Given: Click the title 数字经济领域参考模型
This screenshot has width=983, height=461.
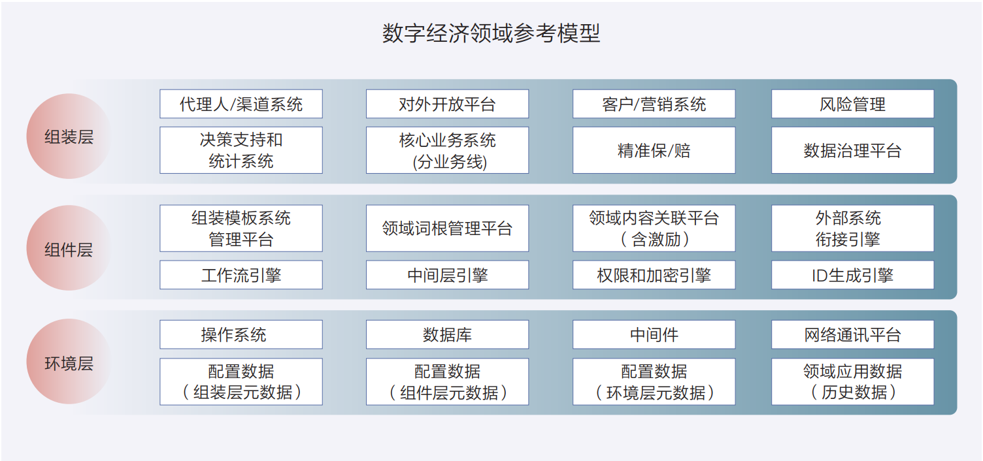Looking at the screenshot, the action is [491, 33].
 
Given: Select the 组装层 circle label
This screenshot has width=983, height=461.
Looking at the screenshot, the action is [69, 136].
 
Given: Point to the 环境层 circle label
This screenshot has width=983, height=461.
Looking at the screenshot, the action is [69, 362].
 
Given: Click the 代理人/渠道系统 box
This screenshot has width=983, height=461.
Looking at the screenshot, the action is [241, 104].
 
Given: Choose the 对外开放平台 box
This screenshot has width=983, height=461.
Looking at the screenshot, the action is [447, 104].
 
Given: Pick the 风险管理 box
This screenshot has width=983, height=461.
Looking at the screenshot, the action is [853, 104].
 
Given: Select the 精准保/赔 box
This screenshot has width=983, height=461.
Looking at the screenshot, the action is [654, 150].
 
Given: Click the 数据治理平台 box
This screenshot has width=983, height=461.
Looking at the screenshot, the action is [853, 150].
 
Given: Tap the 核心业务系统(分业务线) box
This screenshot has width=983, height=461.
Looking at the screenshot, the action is [447, 150].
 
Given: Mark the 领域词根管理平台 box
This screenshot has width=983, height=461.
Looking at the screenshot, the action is [447, 228].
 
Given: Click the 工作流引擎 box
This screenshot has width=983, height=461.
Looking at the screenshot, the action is [241, 275].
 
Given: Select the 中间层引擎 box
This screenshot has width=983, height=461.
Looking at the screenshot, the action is [447, 275].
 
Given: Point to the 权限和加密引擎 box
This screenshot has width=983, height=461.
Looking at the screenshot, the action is [654, 275].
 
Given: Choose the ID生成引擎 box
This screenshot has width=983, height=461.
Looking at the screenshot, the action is [853, 275].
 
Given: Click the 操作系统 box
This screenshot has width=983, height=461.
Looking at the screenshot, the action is [241, 335].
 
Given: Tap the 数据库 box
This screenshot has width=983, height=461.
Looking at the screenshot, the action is [447, 335].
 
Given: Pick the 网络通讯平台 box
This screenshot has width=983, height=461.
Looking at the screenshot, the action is [853, 335].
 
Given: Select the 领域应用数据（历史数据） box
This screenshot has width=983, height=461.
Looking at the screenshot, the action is [853, 381].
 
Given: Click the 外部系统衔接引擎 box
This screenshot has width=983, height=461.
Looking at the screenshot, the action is [853, 228].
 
